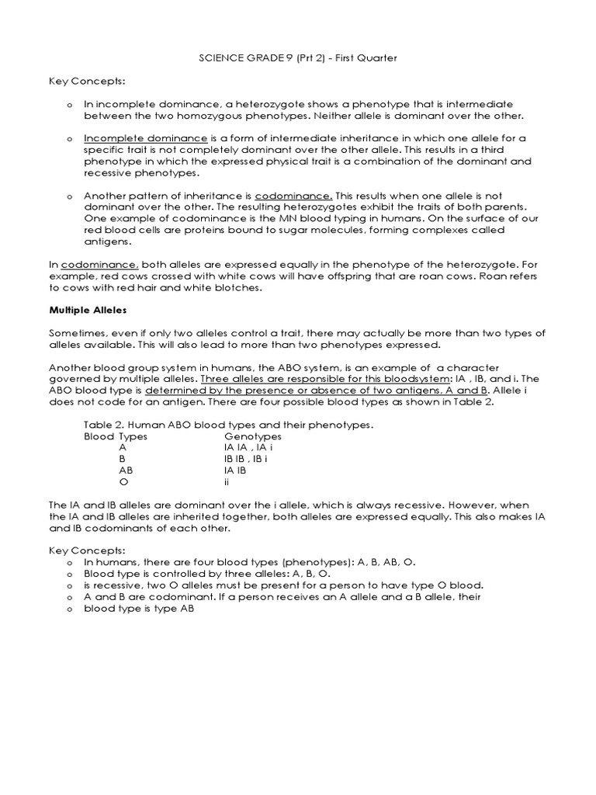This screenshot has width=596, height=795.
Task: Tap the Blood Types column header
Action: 116,436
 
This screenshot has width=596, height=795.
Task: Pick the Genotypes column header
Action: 252,436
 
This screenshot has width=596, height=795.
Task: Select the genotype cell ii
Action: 227,481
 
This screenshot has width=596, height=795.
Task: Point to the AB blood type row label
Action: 126,470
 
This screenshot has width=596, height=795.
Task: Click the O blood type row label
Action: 123,481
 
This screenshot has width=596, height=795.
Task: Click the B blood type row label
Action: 122,459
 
